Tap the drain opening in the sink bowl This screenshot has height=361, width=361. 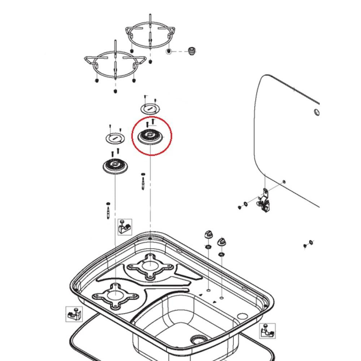(x=198, y=339)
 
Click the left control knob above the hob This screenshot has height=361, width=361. (x=208, y=234)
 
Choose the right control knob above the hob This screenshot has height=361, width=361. (x=221, y=242)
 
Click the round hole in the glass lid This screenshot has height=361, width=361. (x=316, y=112)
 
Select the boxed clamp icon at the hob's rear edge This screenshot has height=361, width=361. (x=125, y=227)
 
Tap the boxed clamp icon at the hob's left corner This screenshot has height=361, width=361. (x=74, y=314)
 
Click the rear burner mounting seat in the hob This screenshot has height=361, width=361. (x=149, y=266)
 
